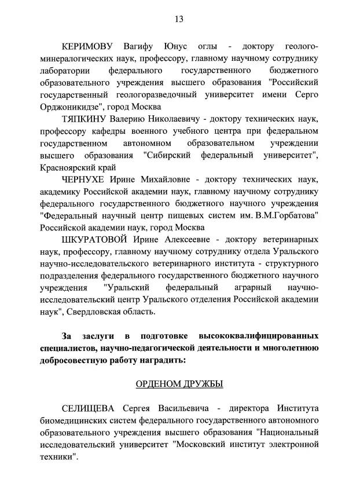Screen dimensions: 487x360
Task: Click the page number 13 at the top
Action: tap(179, 19)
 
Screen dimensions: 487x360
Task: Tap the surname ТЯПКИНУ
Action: tap(91, 119)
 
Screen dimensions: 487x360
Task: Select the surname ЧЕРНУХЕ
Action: tap(91, 180)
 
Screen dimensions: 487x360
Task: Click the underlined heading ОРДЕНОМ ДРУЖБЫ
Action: tap(179, 384)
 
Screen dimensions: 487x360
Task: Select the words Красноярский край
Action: tap(75, 167)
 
